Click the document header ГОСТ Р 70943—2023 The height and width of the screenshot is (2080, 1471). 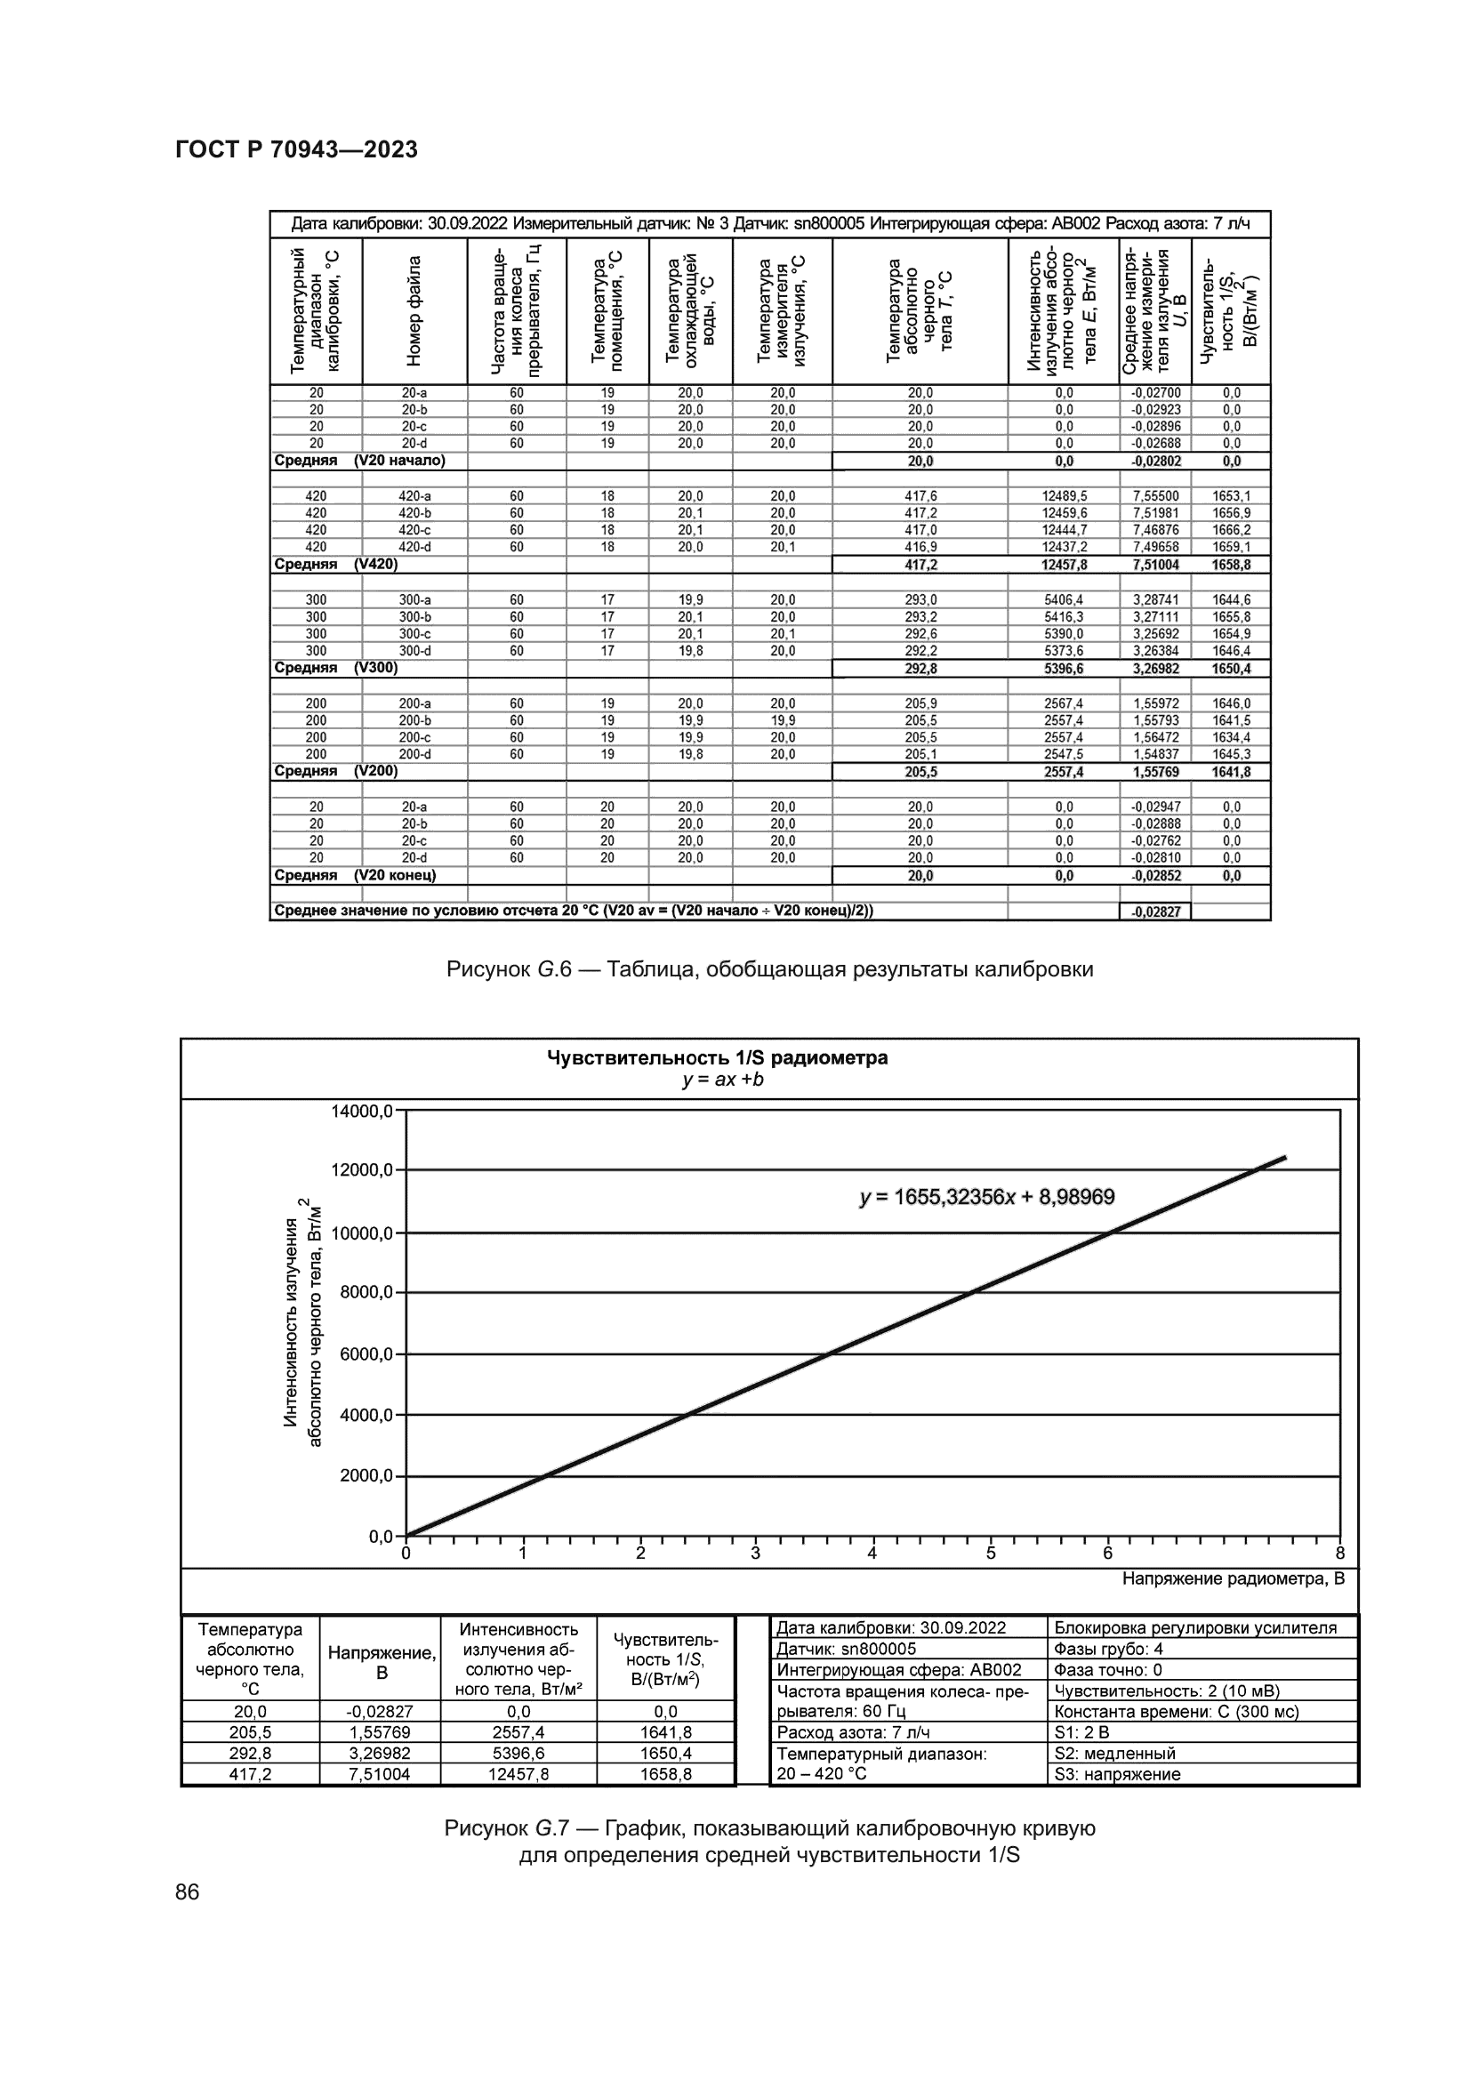(x=296, y=150)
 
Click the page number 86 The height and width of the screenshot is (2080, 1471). (x=188, y=1892)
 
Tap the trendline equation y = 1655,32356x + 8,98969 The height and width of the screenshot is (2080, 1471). (x=986, y=1198)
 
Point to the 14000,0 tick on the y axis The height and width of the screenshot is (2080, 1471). (x=362, y=1111)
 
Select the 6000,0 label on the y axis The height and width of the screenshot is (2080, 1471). (x=366, y=1354)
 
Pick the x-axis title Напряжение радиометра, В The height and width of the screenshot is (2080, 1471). (x=1233, y=1579)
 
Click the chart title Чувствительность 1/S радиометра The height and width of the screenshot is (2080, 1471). (x=718, y=1058)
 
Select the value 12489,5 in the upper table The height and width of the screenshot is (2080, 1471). (x=1065, y=496)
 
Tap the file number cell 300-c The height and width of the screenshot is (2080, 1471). (x=414, y=634)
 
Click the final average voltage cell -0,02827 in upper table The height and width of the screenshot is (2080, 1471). (x=1156, y=912)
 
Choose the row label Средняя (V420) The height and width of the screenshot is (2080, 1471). (x=336, y=564)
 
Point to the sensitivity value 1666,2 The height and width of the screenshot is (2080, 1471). (x=1231, y=530)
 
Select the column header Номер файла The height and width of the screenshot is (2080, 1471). (x=414, y=310)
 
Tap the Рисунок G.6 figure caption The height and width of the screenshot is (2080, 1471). (x=770, y=970)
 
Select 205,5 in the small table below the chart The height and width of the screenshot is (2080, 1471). (x=250, y=1732)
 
